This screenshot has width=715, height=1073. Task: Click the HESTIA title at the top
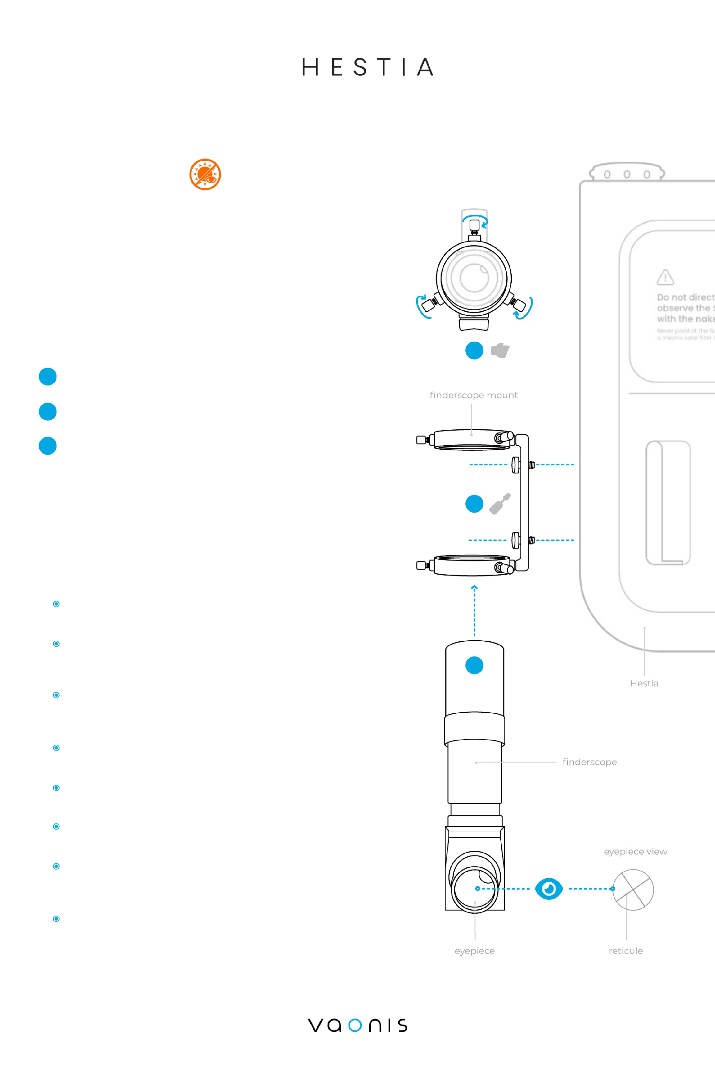click(367, 67)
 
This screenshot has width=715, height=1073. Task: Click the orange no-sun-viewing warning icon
click(205, 174)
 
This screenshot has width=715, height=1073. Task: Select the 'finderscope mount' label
click(473, 395)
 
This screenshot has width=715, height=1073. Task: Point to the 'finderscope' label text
click(589, 762)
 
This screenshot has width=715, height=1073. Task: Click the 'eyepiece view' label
click(635, 851)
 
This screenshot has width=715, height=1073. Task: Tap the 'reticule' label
click(626, 951)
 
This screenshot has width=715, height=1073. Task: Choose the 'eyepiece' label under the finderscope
click(474, 951)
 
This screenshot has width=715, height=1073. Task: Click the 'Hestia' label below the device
click(644, 683)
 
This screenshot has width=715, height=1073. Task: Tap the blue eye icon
click(549, 889)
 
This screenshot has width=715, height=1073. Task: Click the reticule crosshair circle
click(633, 890)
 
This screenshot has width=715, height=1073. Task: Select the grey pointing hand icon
click(500, 350)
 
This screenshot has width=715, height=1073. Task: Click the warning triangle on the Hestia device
click(665, 277)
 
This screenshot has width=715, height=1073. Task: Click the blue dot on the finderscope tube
click(474, 665)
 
